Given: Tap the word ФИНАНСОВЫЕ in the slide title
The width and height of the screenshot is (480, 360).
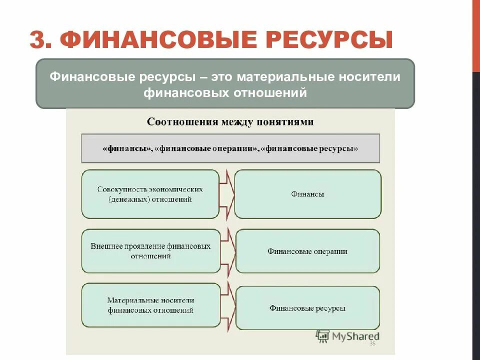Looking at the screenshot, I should (x=141, y=39).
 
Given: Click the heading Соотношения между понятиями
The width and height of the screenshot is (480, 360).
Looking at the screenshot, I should (x=230, y=122).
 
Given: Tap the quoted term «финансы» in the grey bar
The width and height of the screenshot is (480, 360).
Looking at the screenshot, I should (x=126, y=149).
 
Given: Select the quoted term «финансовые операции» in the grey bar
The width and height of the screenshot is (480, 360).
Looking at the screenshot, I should (x=207, y=149).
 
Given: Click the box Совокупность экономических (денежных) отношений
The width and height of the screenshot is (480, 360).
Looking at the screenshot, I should (x=150, y=194).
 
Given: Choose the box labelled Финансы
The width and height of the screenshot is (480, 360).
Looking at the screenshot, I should (x=307, y=194).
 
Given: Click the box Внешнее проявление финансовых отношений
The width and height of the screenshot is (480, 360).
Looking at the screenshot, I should (x=150, y=251).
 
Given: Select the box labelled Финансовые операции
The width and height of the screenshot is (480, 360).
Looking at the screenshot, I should (x=307, y=251).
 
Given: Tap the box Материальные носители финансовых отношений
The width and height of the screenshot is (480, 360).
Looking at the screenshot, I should (x=150, y=305).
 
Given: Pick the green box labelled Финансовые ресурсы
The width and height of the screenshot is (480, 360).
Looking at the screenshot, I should (x=307, y=308).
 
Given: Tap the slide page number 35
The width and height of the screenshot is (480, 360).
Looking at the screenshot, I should (x=372, y=344).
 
